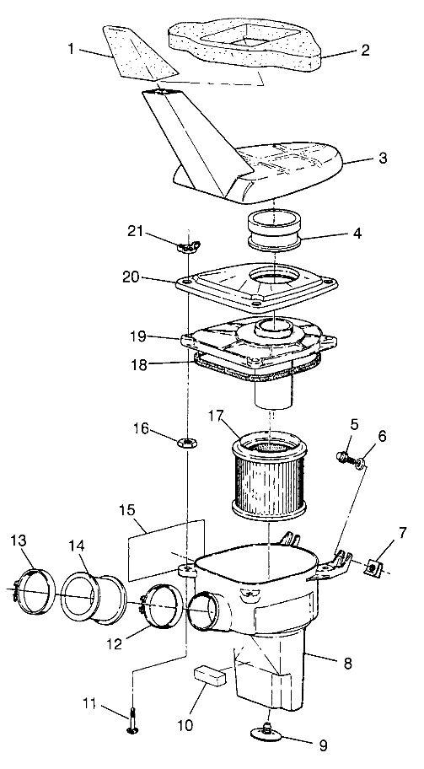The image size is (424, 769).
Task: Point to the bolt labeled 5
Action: [344, 457]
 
